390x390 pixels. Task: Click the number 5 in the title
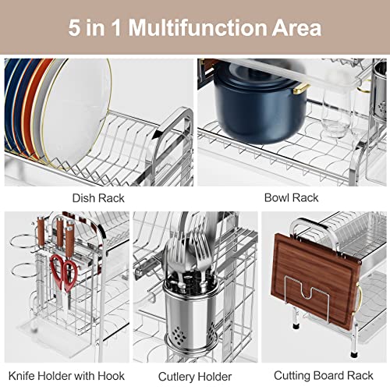coord(75,28)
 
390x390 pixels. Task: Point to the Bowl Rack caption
coord(291,198)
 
